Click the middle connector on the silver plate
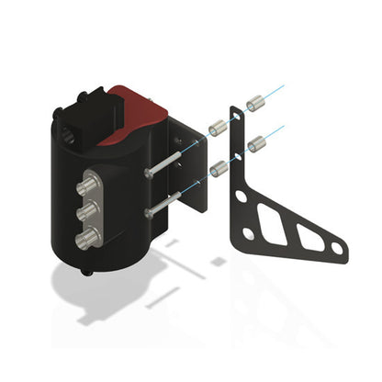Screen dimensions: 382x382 (88, 213)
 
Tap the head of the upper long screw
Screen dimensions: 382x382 (149, 173)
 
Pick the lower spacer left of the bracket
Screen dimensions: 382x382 (219, 168)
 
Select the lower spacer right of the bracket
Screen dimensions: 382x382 (256, 143)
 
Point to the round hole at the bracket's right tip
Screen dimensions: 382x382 (337, 248)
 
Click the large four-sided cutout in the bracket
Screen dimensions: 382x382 (272, 220)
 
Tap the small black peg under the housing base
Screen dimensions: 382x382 (87, 272)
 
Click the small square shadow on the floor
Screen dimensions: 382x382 (218, 261)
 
